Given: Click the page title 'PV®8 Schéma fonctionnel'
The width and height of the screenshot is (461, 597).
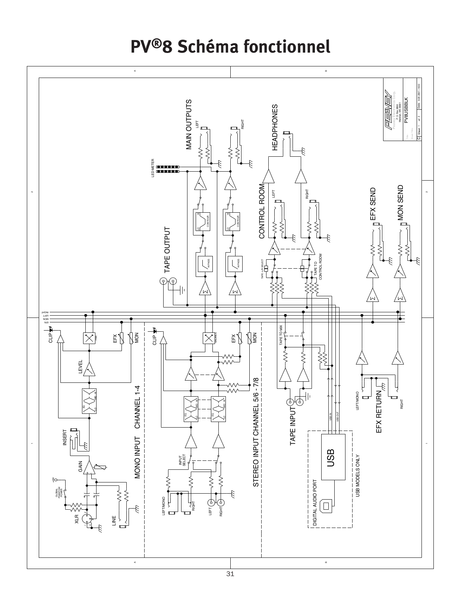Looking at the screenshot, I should (x=230, y=47).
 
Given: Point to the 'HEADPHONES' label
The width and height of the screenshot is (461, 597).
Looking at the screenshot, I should (x=275, y=127).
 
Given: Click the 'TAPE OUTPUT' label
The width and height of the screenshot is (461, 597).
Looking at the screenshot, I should (x=167, y=250).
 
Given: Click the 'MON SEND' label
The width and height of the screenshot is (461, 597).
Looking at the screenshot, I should (x=401, y=202).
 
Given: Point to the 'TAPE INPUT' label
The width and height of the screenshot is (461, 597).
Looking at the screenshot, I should (x=293, y=425).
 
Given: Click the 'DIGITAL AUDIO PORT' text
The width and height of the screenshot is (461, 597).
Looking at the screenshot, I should (x=315, y=503).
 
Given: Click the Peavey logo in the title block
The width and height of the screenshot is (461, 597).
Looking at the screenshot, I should (x=388, y=108).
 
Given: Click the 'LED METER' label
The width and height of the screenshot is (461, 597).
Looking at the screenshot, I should (x=153, y=168).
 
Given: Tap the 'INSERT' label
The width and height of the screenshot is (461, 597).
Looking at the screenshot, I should (x=65, y=437).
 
